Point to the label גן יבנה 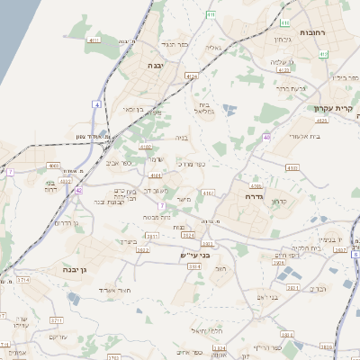[x=74, y=269]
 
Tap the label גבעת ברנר [x=290, y=88]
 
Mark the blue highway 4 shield [x=96, y=103]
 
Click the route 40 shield [x=266, y=137]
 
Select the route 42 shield [x=79, y=191]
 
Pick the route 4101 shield [x=155, y=175]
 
